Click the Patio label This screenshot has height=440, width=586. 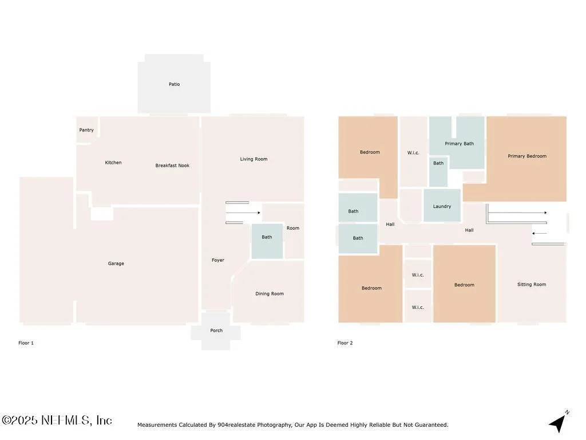[174, 84]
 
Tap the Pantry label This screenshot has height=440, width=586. [86, 130]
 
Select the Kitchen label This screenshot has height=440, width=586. [113, 162]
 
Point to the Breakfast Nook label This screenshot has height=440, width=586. [172, 166]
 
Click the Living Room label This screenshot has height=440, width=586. [254, 159]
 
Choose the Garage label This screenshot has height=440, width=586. [116, 264]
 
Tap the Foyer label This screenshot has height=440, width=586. [218, 260]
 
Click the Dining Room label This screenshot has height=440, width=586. [270, 294]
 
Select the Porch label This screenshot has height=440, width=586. [216, 331]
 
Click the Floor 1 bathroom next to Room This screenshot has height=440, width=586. [267, 241]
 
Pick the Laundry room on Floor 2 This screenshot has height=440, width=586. [442, 206]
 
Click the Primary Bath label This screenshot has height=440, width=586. [460, 144]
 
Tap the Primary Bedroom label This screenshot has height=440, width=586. [527, 156]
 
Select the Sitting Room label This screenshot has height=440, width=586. [532, 284]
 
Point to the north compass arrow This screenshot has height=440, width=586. [558, 423]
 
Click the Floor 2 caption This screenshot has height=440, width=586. [345, 343]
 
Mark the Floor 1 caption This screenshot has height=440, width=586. [26, 343]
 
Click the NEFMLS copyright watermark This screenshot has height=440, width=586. [57, 420]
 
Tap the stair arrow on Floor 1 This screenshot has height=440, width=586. [243, 213]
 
